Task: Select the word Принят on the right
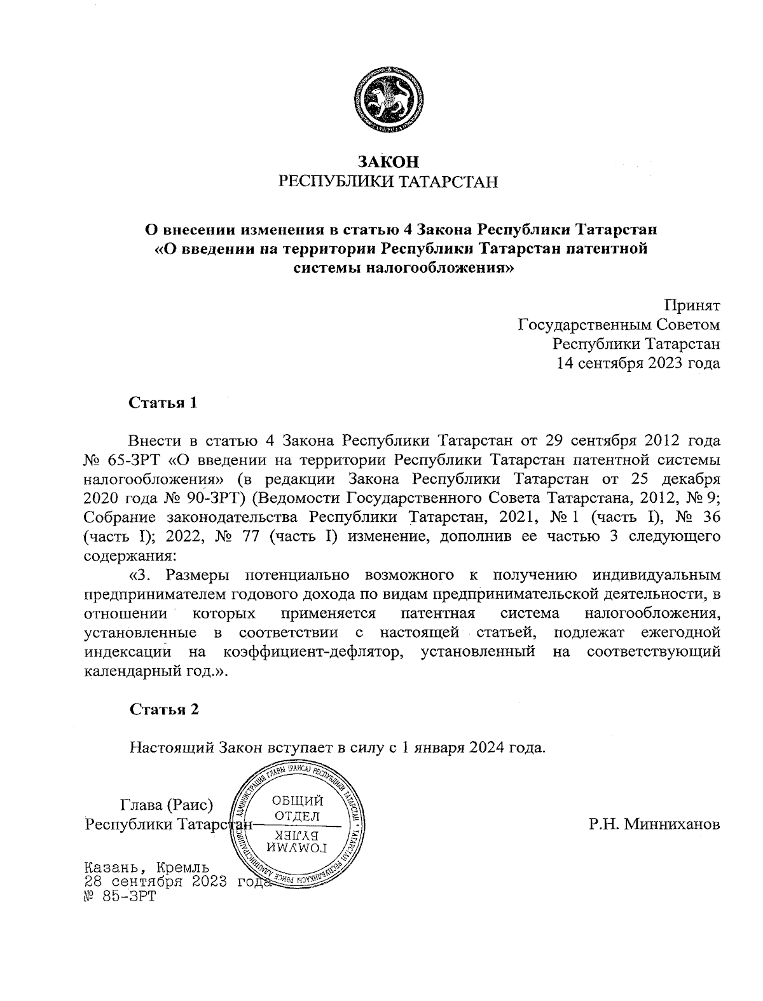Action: tap(692, 306)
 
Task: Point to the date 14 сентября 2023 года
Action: tap(638, 364)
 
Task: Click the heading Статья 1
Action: tap(164, 403)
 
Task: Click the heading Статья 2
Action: tap(164, 709)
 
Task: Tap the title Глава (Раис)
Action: tap(166, 805)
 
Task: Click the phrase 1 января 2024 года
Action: tap(471, 747)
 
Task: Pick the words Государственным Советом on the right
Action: tap(619, 325)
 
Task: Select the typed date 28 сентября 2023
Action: tap(155, 882)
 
